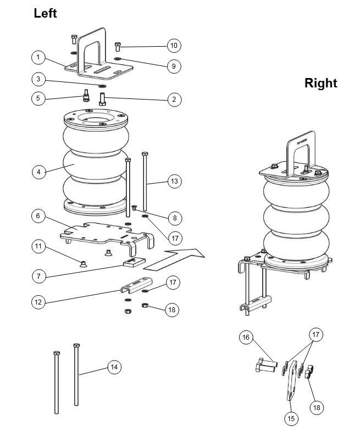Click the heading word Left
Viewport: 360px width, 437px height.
(45, 13)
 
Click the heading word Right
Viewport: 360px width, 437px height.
(321, 83)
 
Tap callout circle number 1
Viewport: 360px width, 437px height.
(38, 58)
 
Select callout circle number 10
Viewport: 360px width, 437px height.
(174, 46)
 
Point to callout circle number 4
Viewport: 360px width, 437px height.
(38, 172)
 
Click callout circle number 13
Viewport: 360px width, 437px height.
(174, 181)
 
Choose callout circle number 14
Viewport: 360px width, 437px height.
(114, 367)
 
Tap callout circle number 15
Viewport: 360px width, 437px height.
(291, 418)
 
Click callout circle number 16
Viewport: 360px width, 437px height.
(246, 337)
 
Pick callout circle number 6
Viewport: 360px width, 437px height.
(38, 215)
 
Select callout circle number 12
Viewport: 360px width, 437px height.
(38, 302)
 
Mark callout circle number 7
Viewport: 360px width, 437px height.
(38, 276)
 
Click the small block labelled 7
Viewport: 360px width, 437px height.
(134, 262)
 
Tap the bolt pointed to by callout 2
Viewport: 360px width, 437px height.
(102, 99)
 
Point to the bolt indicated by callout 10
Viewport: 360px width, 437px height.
(118, 47)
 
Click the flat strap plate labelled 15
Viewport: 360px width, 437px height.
(292, 380)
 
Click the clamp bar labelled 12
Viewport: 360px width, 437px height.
(136, 285)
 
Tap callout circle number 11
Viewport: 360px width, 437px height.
(38, 246)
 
